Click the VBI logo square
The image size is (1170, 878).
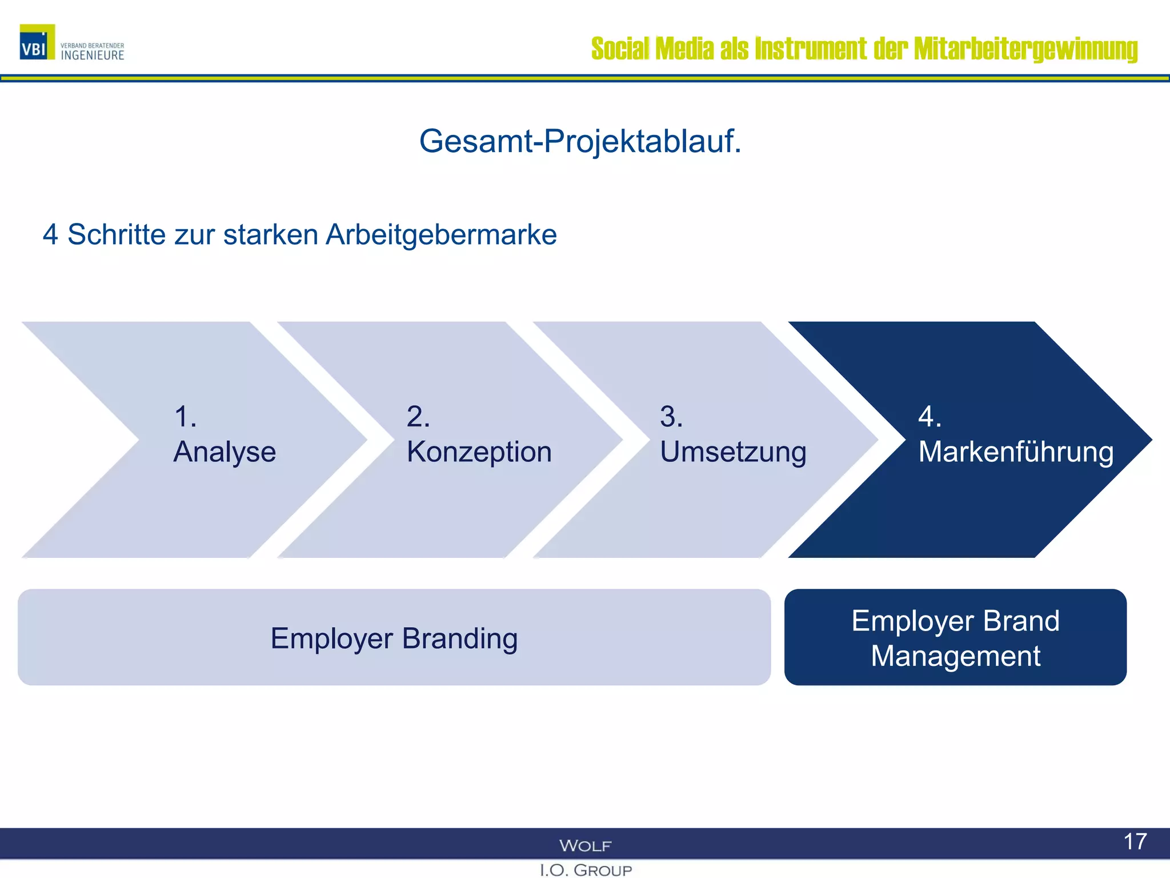[37, 42]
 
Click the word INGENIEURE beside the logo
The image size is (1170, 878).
[93, 55]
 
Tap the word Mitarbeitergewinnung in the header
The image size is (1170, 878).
[1025, 49]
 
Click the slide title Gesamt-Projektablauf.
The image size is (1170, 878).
[580, 141]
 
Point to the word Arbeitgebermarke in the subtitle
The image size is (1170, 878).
[441, 235]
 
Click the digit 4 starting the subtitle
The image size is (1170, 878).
[50, 235]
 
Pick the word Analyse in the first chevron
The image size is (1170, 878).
[225, 452]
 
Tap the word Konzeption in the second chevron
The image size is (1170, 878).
[479, 452]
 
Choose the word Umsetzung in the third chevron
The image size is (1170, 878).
[733, 452]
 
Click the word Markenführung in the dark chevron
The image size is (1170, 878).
[1016, 452]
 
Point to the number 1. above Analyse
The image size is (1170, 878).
[185, 416]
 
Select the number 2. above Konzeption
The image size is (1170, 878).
[418, 416]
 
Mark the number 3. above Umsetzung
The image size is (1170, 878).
[671, 416]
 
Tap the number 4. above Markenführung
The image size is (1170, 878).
[929, 416]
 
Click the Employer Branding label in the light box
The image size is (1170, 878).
[394, 638]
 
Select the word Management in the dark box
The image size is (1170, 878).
[955, 656]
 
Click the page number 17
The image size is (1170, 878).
[1135, 841]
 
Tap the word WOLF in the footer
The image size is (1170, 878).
[585, 845]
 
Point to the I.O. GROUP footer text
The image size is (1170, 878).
[586, 870]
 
